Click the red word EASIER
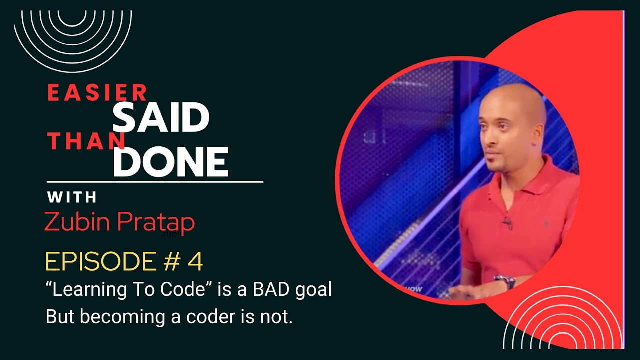tap(97, 93)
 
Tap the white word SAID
tap(160, 118)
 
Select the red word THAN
tap(86, 142)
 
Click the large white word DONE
tap(170, 162)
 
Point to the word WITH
tap(72, 198)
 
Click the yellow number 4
tap(195, 262)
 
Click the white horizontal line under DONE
tap(155, 182)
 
